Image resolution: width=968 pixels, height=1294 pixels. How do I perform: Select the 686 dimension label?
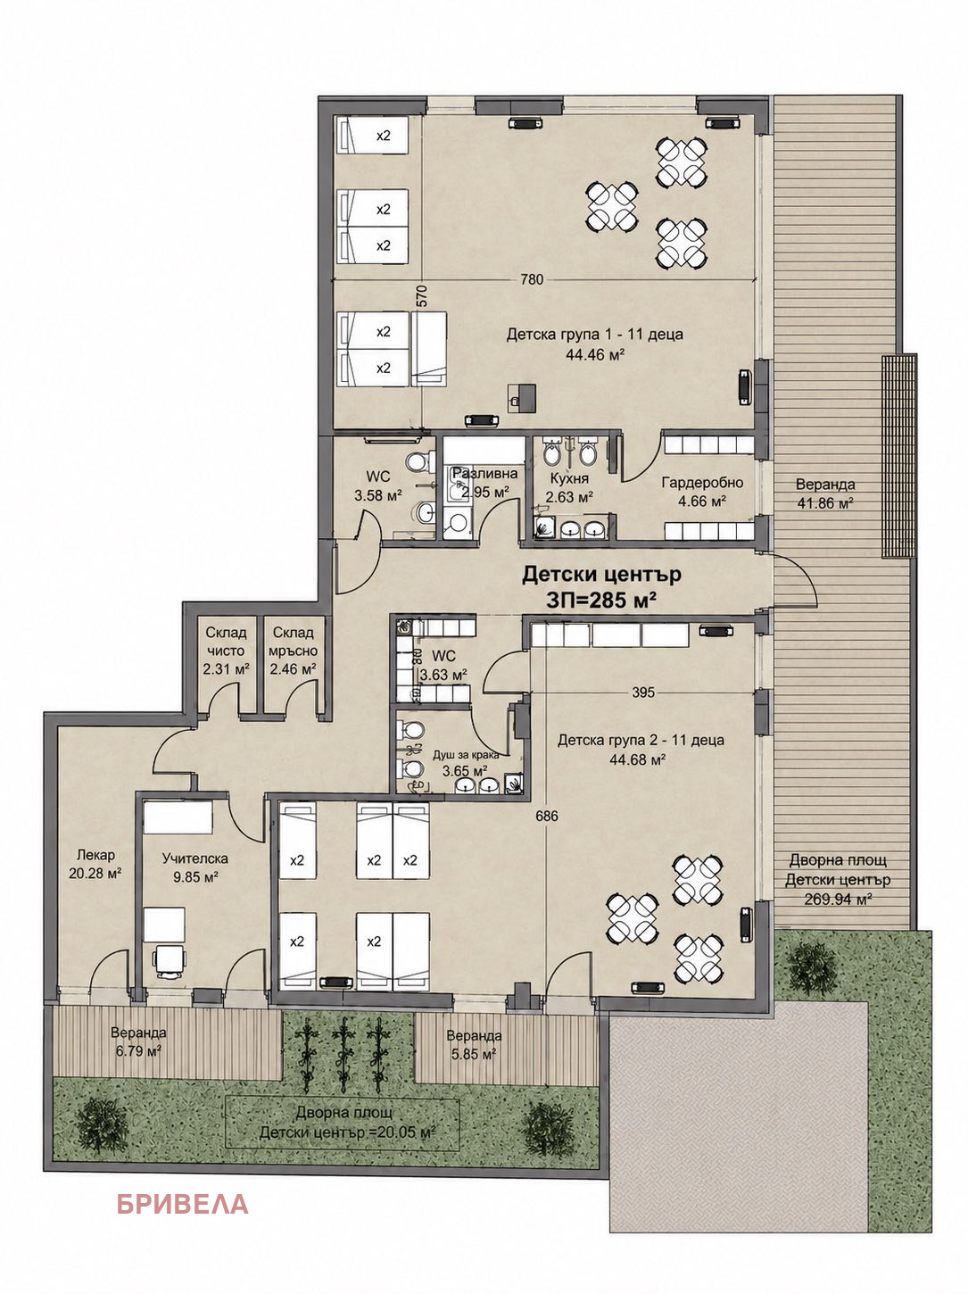(546, 816)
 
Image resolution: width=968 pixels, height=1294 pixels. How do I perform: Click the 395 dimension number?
(643, 693)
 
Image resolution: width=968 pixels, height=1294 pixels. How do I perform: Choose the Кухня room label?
(569, 478)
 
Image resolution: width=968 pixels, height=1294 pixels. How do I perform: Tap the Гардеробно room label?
(702, 482)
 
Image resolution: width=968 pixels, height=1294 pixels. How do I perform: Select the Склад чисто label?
(227, 642)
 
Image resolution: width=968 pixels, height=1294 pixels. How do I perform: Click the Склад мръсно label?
(294, 642)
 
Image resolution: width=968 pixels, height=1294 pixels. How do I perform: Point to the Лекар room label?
(95, 855)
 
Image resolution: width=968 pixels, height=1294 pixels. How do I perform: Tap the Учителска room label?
(195, 859)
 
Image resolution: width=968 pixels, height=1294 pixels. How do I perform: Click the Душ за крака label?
(466, 755)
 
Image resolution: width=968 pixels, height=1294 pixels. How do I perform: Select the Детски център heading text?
(601, 574)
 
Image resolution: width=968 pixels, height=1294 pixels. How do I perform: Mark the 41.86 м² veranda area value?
(825, 502)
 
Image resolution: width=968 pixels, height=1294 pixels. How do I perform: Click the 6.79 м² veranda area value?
(138, 1050)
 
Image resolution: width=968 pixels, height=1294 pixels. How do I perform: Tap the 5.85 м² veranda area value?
(475, 1053)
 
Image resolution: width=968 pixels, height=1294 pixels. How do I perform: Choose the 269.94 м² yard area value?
(837, 899)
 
